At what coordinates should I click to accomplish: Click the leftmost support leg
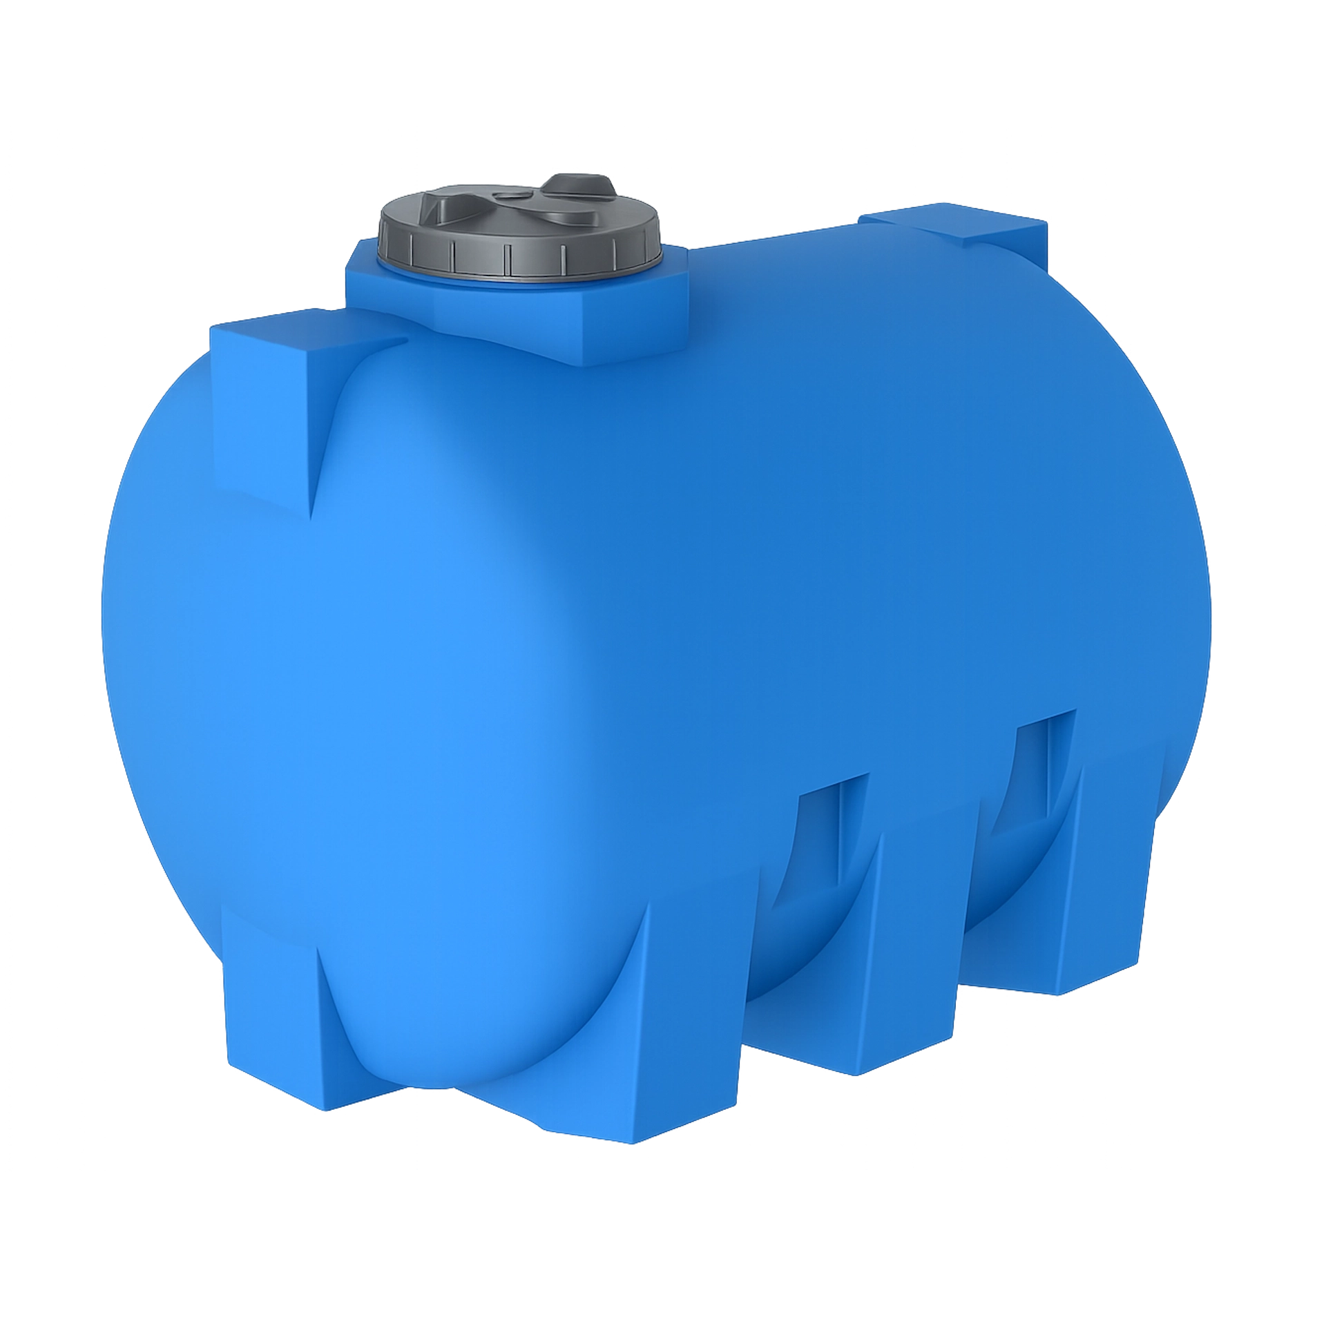(276, 1022)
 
